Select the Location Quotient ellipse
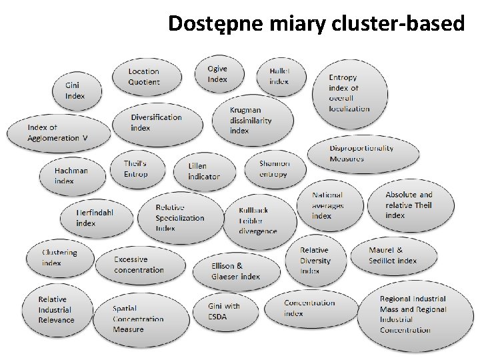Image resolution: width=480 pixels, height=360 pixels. pos(147,77)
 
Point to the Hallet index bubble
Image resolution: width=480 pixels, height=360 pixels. pos(281,76)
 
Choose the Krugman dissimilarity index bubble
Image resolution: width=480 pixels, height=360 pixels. pos(252,121)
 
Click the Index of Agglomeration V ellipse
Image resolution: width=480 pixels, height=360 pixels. pos(58,133)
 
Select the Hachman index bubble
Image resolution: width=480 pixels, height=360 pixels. pos(72,175)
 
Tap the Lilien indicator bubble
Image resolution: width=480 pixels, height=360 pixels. pos(205,171)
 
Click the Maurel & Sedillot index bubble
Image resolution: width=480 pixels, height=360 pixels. pos(395,255)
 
